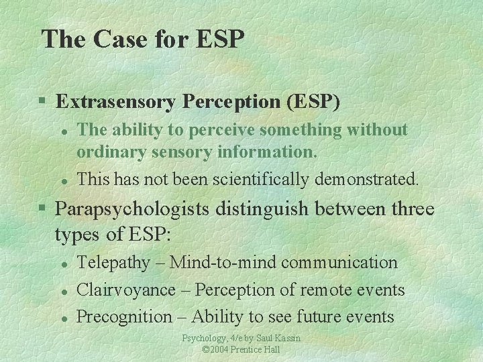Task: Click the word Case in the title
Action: (115, 39)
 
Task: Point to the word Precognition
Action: (125, 316)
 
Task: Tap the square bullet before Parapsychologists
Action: (42, 209)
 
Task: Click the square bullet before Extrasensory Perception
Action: (42, 103)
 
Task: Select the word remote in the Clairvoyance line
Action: (315, 290)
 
